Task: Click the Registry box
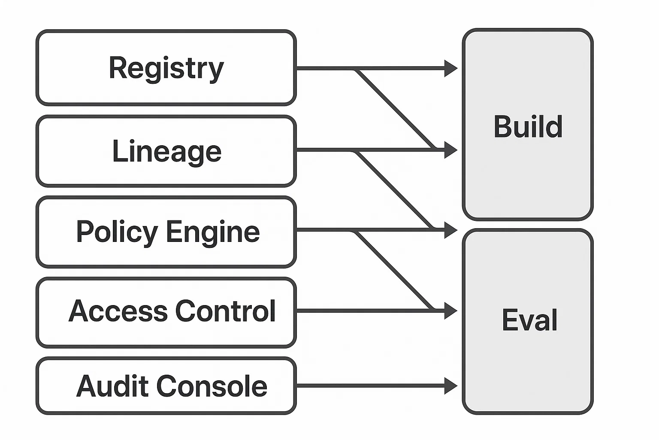click(x=166, y=68)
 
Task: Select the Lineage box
click(x=166, y=151)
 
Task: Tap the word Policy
click(x=117, y=232)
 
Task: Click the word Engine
click(x=213, y=232)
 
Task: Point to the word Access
click(x=118, y=311)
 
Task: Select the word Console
click(x=212, y=386)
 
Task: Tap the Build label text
click(x=528, y=127)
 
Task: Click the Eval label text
click(x=529, y=320)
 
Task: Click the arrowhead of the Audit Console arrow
click(x=450, y=386)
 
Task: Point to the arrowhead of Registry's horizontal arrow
click(x=450, y=68)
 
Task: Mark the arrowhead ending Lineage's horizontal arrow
click(x=450, y=150)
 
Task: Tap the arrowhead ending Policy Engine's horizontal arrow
click(x=450, y=230)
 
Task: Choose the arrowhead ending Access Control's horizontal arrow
click(x=450, y=311)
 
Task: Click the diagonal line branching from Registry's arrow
click(x=395, y=109)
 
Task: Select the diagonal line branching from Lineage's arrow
click(x=395, y=190)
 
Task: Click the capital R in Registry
click(x=118, y=68)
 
